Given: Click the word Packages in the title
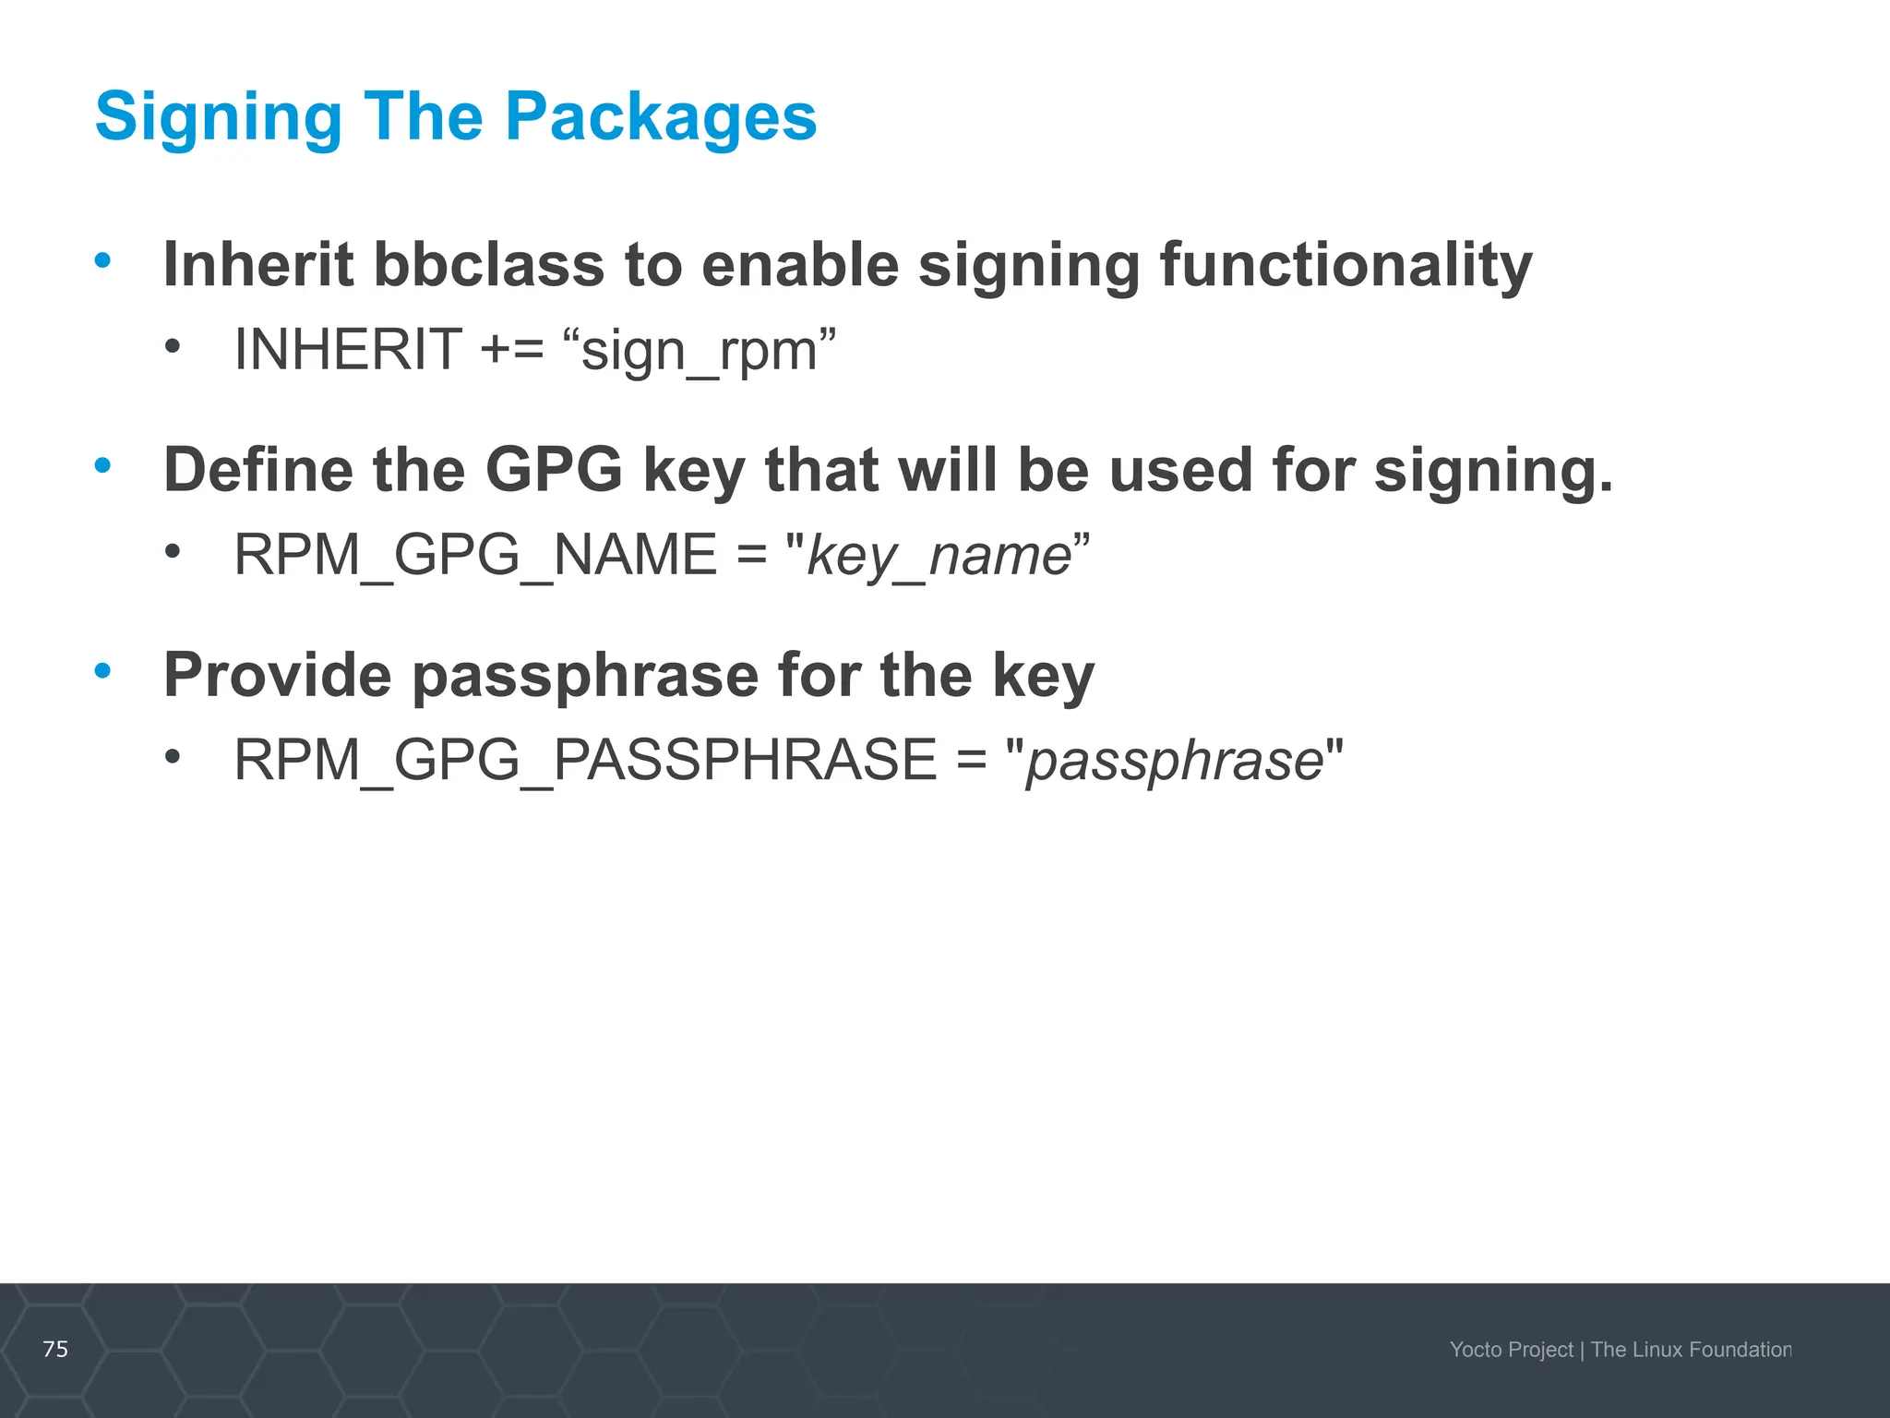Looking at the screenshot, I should (x=661, y=117).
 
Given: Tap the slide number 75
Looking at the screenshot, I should (x=55, y=1349).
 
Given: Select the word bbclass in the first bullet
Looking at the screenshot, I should (x=488, y=265).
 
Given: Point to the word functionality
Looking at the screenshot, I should (x=1346, y=265).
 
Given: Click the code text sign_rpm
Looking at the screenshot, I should (x=700, y=351).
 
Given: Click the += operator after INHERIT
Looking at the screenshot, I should (x=512, y=351).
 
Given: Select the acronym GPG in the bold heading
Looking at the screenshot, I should (x=554, y=470).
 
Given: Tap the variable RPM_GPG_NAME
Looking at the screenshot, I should (x=475, y=555).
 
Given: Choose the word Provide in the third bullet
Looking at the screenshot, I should (x=278, y=675).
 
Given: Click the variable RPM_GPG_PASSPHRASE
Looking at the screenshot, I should (x=585, y=760).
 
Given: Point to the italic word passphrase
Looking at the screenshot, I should (x=1175, y=762).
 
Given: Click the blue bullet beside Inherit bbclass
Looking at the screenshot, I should (x=102, y=259).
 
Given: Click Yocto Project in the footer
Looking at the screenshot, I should (x=1511, y=1350).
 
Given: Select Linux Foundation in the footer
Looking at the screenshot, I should (x=1712, y=1350).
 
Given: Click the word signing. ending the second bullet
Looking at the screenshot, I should (x=1492, y=470).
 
